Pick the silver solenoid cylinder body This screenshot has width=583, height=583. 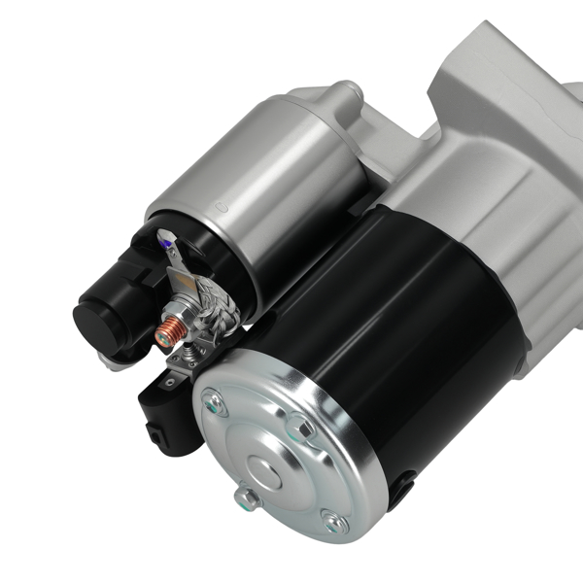[257, 185]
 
